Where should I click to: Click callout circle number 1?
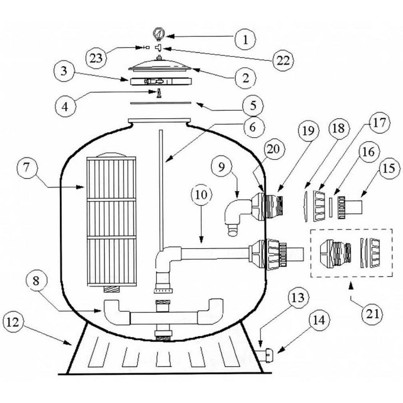pos(245,40)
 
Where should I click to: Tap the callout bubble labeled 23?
pos(96,58)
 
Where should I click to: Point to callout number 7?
pos(27,167)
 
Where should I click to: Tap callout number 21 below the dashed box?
pos(372,314)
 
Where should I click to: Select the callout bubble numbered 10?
pos(201,195)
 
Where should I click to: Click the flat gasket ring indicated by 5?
pos(161,103)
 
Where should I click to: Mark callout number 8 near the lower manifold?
pos(36,280)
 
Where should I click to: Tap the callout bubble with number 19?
pos(308,131)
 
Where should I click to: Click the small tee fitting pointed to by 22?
pos(159,48)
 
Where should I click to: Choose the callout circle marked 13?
pos(298,298)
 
